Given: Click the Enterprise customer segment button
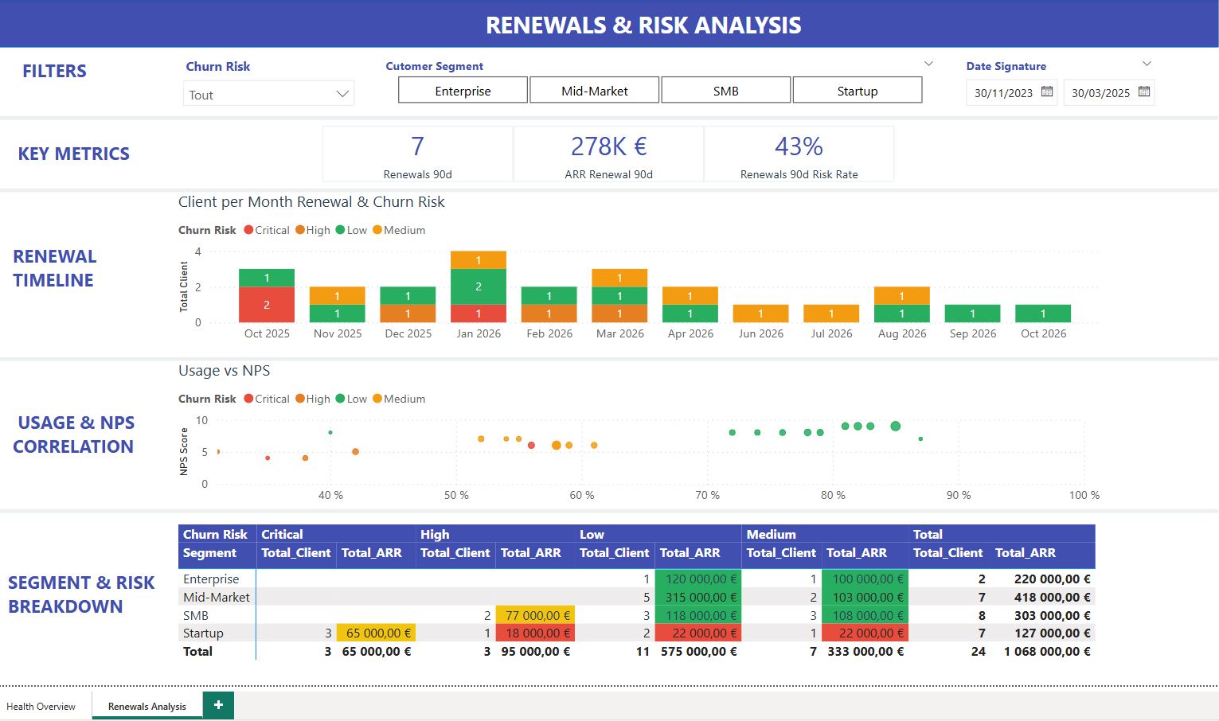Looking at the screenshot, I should tap(463, 91).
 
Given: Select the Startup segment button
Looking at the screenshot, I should tap(858, 91).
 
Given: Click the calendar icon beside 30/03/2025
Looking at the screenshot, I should tap(1144, 92).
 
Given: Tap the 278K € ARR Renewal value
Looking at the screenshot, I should tap(608, 146).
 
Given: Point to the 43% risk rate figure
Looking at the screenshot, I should tap(799, 146).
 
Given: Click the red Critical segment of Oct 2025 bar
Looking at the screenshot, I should tap(267, 305).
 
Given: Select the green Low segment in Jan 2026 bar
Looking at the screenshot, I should tap(479, 286).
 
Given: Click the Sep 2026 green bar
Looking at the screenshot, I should tap(973, 314).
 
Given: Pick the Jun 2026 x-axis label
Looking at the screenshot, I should tap(760, 333).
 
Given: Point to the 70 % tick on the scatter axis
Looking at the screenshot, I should tap(707, 495).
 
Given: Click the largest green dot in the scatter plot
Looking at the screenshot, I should tap(895, 427).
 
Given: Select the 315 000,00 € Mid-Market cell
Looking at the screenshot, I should tap(697, 597).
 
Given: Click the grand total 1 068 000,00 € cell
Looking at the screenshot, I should tap(1047, 651).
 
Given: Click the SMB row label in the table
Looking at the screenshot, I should tap(196, 615).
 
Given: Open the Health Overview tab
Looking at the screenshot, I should tap(41, 706).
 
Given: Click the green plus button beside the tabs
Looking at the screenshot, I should tap(218, 705).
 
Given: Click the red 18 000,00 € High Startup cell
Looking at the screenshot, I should tap(535, 633).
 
